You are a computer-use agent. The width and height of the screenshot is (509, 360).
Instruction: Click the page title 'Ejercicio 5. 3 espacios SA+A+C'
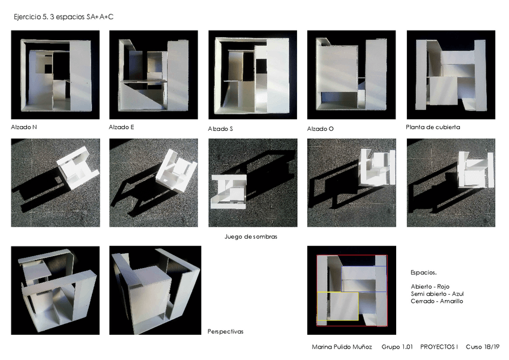click(x=64, y=17)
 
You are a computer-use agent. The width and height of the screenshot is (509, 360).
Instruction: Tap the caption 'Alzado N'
click(x=24, y=127)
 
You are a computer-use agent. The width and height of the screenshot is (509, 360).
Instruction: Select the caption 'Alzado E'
click(x=121, y=127)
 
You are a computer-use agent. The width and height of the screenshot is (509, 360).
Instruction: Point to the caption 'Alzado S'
click(x=220, y=129)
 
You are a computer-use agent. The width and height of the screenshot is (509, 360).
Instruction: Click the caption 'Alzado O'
click(x=321, y=129)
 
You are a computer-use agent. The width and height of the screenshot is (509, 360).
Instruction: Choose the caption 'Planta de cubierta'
click(x=433, y=127)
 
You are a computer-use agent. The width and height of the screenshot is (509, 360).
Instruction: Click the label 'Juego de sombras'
click(x=251, y=236)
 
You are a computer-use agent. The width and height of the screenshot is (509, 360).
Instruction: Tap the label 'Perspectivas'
click(x=225, y=331)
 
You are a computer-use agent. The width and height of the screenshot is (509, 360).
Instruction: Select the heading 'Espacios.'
click(x=424, y=272)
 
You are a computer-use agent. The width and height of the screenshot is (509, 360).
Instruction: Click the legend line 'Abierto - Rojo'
click(x=430, y=287)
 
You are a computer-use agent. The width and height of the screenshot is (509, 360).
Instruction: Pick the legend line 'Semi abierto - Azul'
click(x=437, y=294)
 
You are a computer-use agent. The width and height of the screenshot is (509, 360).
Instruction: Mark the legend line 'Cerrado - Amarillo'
click(x=437, y=301)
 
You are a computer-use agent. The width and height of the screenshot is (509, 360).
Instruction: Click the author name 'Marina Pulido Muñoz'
click(x=342, y=347)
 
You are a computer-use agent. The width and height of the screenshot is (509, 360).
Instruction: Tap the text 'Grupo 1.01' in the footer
click(x=397, y=347)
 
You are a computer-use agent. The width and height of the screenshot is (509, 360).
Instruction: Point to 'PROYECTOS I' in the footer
click(x=439, y=347)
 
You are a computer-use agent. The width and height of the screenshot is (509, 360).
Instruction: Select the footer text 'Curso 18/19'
click(x=483, y=347)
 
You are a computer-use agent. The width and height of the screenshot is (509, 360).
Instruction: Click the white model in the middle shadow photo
click(x=229, y=191)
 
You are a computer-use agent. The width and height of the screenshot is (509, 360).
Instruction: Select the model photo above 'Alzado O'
click(x=352, y=74)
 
